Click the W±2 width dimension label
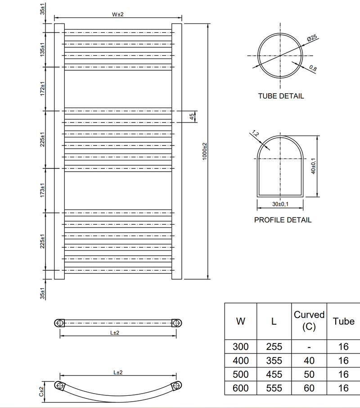118,14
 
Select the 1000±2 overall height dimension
205,151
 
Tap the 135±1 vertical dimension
42,50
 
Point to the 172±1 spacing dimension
42,88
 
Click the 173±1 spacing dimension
42,190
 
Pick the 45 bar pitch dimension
192,117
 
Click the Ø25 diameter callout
312,38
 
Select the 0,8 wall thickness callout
313,68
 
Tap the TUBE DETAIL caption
281,96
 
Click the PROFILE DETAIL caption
283,220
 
